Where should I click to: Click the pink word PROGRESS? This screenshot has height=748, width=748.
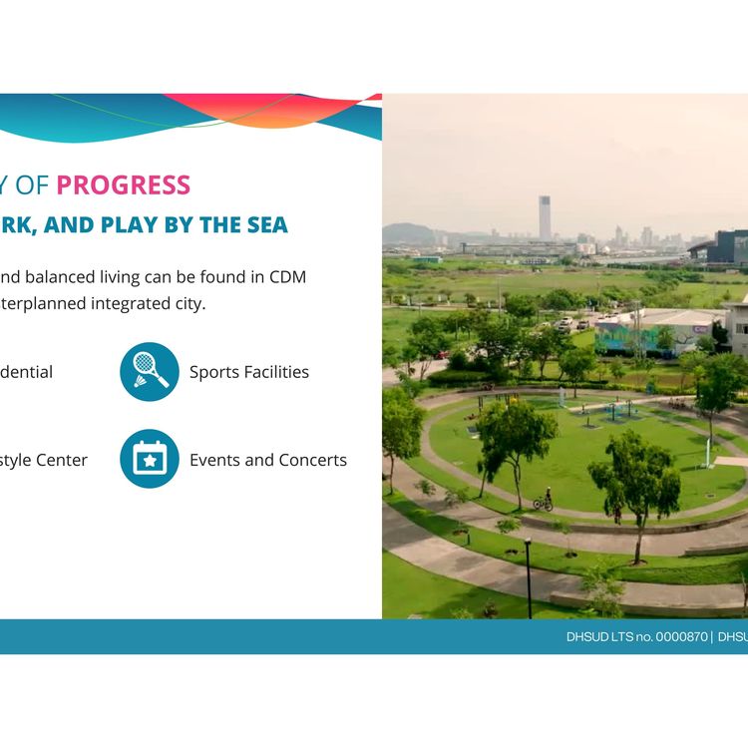coord(123,185)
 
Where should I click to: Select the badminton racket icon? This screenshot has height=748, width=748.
coord(150,372)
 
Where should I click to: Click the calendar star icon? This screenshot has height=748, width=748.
coord(150,459)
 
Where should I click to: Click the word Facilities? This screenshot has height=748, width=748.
coord(277,372)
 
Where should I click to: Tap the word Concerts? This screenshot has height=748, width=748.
coord(313,460)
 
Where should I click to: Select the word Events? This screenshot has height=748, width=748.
coord(214,460)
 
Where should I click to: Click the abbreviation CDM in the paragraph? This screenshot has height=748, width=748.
coord(288,276)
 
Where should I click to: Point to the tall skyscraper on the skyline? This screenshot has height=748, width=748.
coord(545,216)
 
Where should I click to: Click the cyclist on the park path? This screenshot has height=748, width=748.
coord(546,499)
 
